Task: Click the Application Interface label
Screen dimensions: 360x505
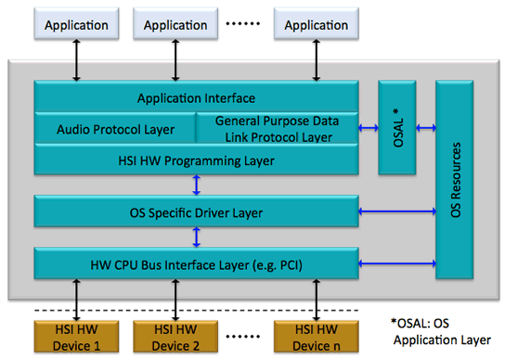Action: tap(196, 97)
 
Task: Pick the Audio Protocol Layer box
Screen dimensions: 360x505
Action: tap(114, 129)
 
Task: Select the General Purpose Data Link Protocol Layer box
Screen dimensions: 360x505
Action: tap(277, 129)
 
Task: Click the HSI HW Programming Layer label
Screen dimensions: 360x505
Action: tap(196, 160)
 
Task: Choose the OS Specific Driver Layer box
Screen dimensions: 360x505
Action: tap(196, 212)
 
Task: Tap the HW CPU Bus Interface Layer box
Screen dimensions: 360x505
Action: tap(196, 264)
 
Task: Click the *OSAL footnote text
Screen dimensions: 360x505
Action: tap(441, 332)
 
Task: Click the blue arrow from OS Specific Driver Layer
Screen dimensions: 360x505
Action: tap(396, 212)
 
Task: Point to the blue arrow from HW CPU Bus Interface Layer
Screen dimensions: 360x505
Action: tap(396, 264)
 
